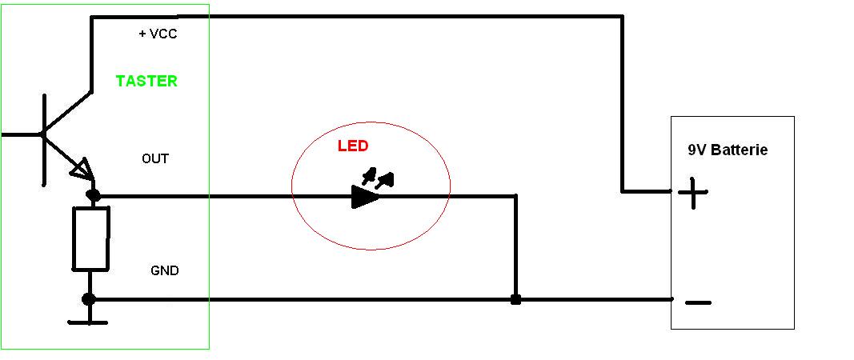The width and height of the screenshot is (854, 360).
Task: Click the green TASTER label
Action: [146, 81]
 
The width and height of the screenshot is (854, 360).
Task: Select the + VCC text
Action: [158, 34]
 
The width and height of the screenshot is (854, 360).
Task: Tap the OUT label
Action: [155, 159]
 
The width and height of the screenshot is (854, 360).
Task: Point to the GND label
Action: [165, 270]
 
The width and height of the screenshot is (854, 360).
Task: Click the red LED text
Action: [353, 146]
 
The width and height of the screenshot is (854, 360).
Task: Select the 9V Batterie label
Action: [728, 150]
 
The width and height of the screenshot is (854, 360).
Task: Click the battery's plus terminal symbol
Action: [693, 192]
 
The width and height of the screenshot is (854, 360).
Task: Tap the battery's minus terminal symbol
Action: [698, 302]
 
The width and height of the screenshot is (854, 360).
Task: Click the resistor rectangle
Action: [91, 238]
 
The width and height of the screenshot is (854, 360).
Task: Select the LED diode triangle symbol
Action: [365, 197]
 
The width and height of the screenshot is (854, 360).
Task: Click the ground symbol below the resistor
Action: [88, 322]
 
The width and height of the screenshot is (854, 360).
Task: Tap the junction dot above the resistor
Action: [94, 194]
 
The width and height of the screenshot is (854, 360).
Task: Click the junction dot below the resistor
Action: [88, 299]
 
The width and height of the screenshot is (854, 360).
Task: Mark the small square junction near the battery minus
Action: [515, 299]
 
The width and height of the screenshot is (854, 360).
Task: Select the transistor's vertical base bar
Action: [44, 140]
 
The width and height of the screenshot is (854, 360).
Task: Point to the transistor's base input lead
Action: [22, 134]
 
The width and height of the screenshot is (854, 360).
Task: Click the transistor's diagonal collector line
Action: [67, 112]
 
